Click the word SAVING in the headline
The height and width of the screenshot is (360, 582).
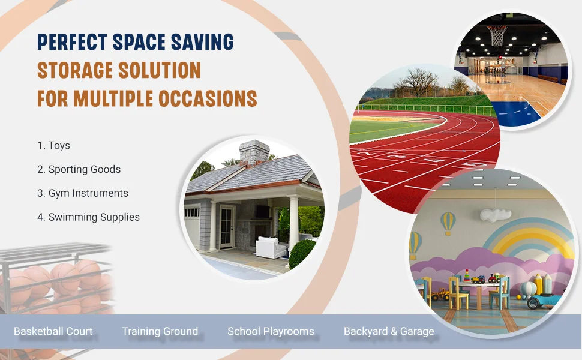[202, 41]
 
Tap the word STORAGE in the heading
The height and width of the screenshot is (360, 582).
[75, 70]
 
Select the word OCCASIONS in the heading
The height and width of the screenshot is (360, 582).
[208, 98]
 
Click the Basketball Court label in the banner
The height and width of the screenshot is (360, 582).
[53, 331]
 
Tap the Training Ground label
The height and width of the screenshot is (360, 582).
[160, 331]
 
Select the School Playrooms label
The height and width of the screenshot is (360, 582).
[271, 331]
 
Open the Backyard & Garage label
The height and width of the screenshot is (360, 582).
[389, 331]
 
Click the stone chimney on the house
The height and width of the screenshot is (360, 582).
[254, 152]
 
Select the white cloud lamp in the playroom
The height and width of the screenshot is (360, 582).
[495, 215]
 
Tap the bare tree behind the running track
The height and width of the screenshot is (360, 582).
[416, 82]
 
